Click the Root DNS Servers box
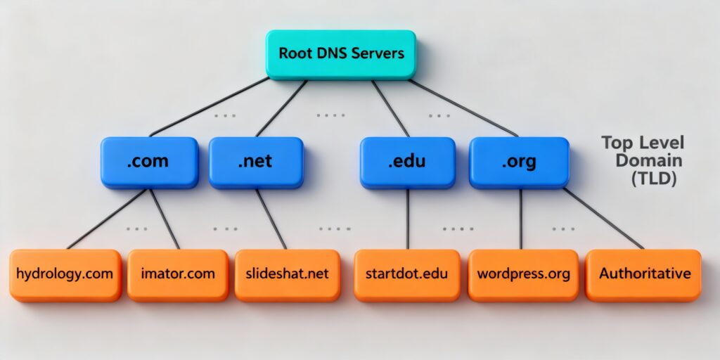(x=340, y=53)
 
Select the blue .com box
(x=148, y=162)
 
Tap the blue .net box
(x=255, y=162)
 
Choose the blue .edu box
(x=407, y=162)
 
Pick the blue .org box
(x=519, y=162)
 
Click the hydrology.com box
(x=65, y=274)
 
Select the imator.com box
(x=178, y=274)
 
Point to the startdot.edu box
(x=407, y=274)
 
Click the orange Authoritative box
(x=644, y=274)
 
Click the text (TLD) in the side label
(x=653, y=179)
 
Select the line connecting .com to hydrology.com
(x=105, y=219)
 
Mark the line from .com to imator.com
(x=165, y=219)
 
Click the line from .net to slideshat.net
(x=271, y=219)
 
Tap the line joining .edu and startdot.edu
(x=408, y=219)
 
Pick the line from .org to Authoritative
(x=603, y=219)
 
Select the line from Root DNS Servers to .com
(x=210, y=107)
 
